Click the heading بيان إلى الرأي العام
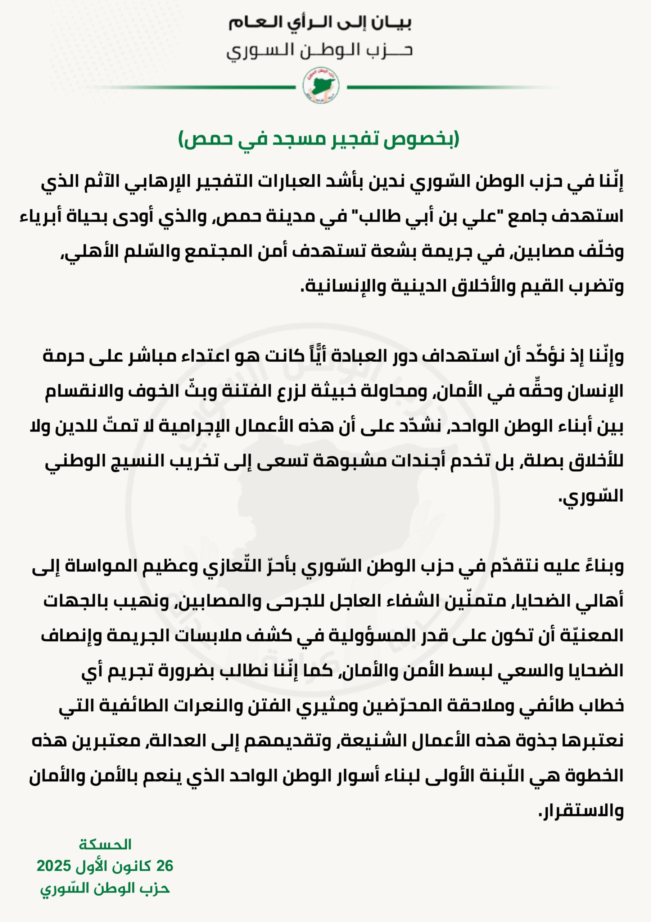(320, 23)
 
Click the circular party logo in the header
(321, 85)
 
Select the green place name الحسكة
(105, 845)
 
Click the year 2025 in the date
(54, 866)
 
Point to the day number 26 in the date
(164, 866)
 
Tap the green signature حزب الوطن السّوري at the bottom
(105, 888)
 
